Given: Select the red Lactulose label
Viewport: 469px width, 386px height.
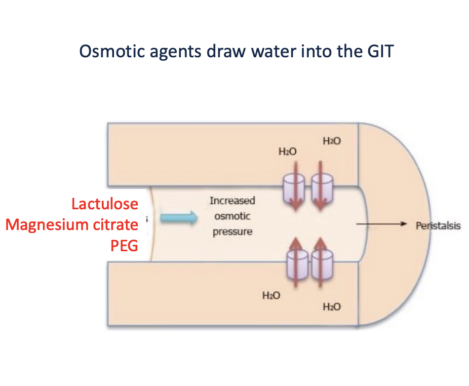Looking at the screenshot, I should (105, 204).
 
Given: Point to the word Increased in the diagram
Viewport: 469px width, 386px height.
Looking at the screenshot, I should (232, 201).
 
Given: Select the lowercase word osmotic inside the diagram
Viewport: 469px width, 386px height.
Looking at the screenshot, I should (232, 216).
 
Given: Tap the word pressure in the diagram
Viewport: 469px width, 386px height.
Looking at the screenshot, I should (232, 231).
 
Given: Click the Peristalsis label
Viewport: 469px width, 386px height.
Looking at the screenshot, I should (437, 225).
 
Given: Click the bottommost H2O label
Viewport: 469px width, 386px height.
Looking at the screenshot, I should (331, 307).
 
